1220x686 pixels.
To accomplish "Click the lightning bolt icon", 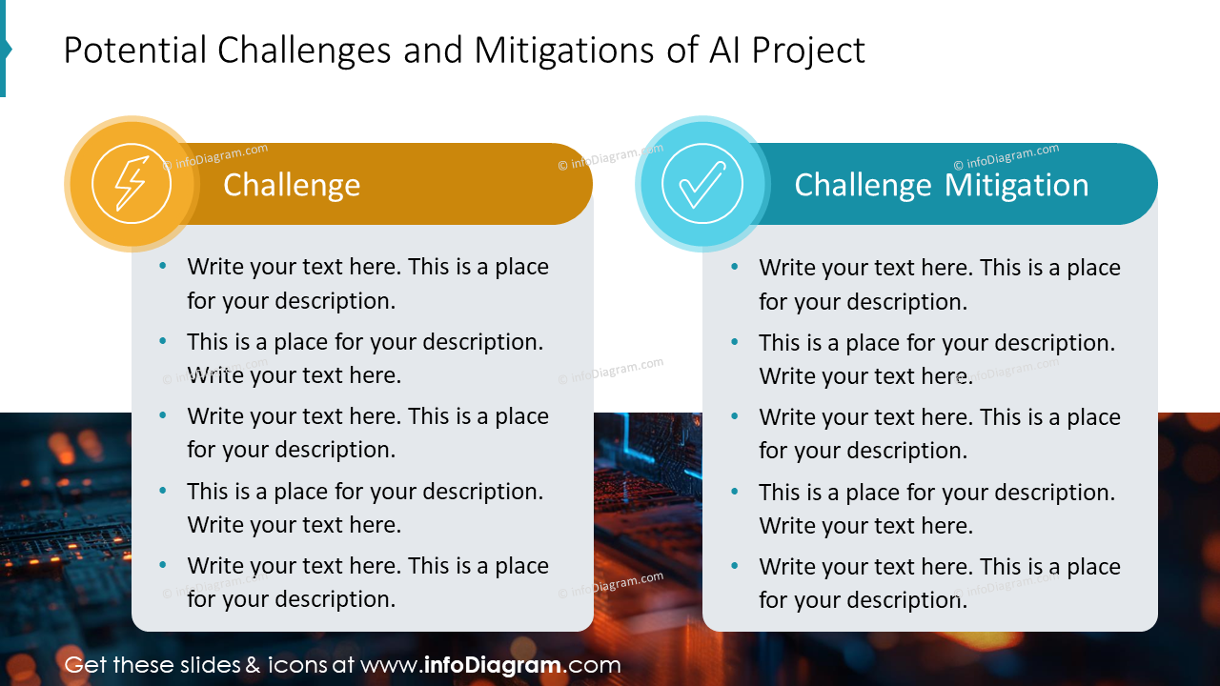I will [131, 184].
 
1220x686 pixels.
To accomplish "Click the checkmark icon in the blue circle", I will [701, 184].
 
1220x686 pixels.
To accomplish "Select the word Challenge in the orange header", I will [292, 185].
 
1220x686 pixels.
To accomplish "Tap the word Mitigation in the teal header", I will [1017, 185].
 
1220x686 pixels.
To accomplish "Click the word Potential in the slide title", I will [134, 50].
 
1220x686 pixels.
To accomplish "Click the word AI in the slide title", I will [723, 50].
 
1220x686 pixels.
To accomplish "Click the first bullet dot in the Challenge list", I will [163, 267].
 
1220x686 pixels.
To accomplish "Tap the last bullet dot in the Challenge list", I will [163, 566].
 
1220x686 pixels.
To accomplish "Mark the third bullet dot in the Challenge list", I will [163, 416].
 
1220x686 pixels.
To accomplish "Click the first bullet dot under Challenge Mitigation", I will [735, 268].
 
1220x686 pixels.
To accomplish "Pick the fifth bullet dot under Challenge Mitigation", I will [735, 567].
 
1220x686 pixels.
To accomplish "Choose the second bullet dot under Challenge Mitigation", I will [735, 342].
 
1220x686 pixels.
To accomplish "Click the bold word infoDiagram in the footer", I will [492, 665].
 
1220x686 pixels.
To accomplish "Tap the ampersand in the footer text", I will [253, 665].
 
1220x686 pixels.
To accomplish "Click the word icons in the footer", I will [296, 665].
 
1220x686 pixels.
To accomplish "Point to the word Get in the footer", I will [85, 665].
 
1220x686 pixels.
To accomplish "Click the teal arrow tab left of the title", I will [5, 49].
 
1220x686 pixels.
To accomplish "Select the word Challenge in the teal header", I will [863, 185].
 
